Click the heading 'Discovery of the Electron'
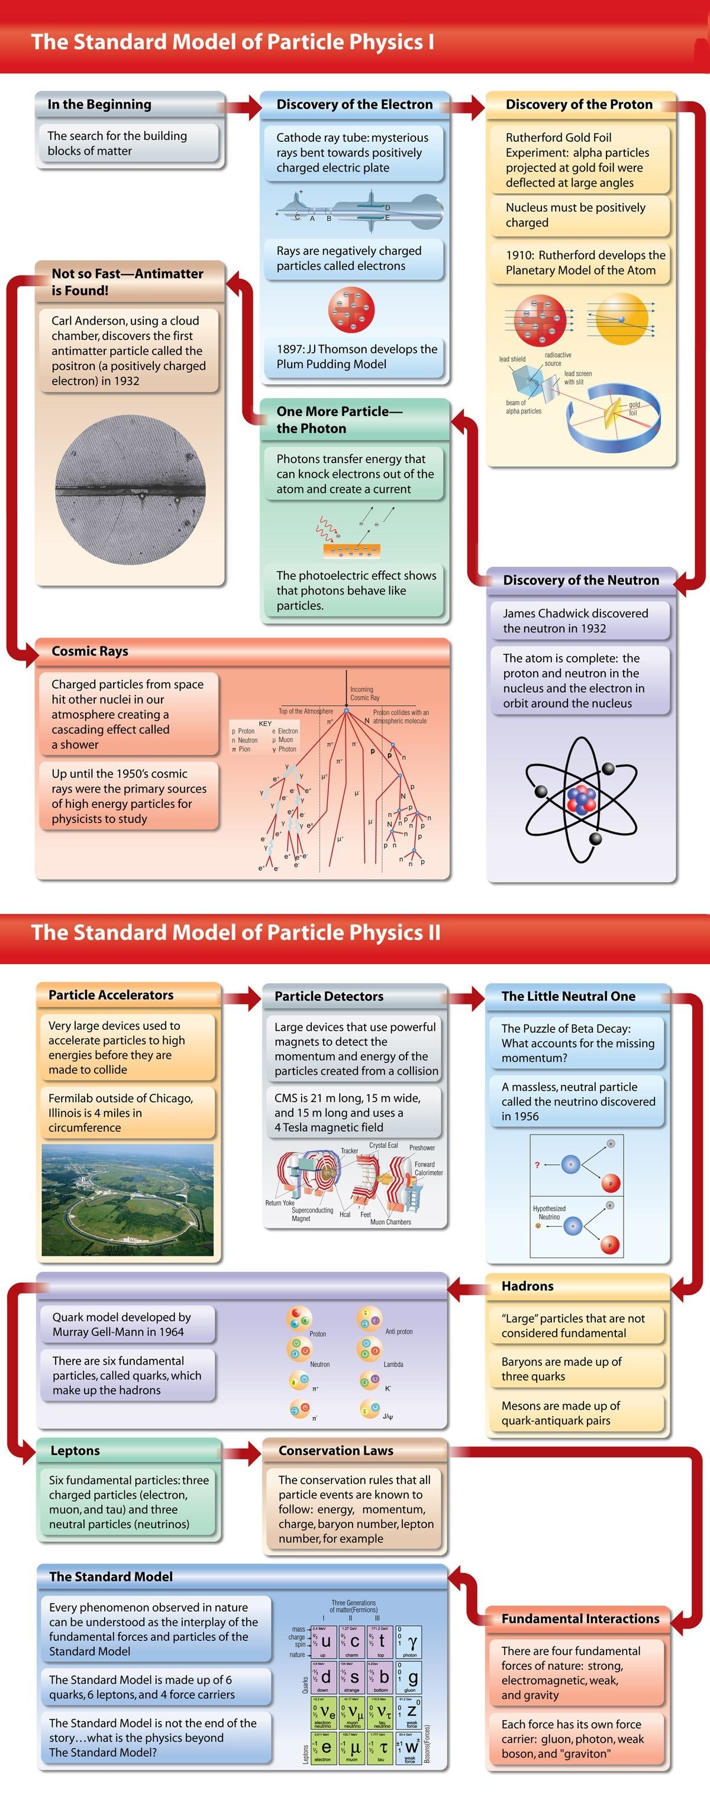[354, 104]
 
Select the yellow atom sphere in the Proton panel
[622, 319]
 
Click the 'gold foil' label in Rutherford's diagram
[634, 408]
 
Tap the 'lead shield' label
[512, 359]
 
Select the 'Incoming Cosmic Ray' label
[364, 693]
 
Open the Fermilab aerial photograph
[127, 1200]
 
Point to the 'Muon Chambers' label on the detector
[390, 1222]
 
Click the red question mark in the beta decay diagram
[537, 1165]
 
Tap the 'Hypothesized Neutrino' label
[548, 1213]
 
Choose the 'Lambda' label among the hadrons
[393, 1364]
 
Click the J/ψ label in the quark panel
[388, 1416]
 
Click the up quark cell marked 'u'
[324, 1641]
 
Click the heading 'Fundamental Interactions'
[580, 1618]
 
